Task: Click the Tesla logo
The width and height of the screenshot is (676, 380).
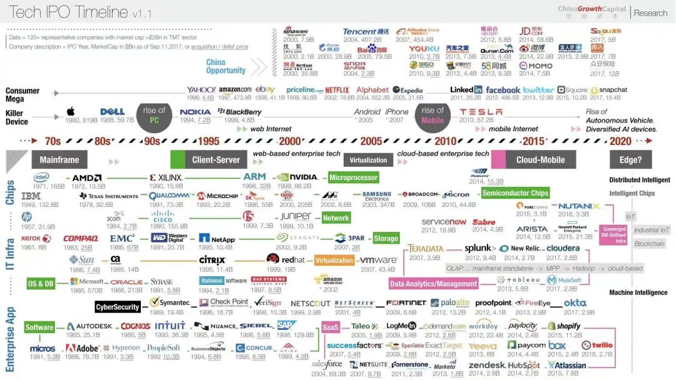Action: coord(481,112)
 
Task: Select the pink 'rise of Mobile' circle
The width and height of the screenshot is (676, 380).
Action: coord(433,116)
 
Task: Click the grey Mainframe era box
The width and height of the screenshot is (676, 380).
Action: coord(59,160)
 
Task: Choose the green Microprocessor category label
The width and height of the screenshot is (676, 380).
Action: coord(353,178)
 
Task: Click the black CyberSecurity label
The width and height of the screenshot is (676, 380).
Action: coord(118,307)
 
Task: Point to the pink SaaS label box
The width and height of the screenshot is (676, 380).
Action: coord(330,327)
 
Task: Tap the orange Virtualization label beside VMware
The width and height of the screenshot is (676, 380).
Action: coord(334,261)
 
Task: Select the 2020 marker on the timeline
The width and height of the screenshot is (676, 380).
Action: coord(620,141)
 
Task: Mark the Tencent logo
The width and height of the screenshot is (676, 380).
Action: coord(366,32)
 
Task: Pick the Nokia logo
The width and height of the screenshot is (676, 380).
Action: coord(195,112)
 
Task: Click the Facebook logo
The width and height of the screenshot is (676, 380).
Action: coord(503,90)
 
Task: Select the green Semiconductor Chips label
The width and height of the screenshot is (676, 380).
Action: coord(515,194)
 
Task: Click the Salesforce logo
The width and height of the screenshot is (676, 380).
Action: coord(327,364)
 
